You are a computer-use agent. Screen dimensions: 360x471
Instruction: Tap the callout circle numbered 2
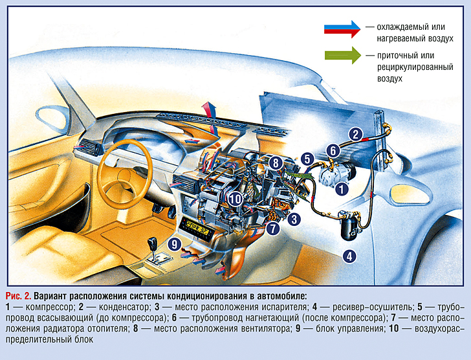[355, 135]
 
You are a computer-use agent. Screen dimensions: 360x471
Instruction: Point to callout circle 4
[349, 256]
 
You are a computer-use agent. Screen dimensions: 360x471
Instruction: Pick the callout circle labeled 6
[332, 151]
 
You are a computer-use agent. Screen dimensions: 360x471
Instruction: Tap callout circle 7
[273, 228]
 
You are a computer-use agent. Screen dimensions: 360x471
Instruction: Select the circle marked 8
[276, 164]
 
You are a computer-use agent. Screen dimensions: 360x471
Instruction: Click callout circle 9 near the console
[173, 244]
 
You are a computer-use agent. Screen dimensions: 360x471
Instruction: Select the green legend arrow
[342, 56]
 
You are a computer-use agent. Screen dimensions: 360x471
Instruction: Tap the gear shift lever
[153, 245]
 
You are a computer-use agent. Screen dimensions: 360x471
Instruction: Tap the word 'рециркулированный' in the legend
[403, 67]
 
